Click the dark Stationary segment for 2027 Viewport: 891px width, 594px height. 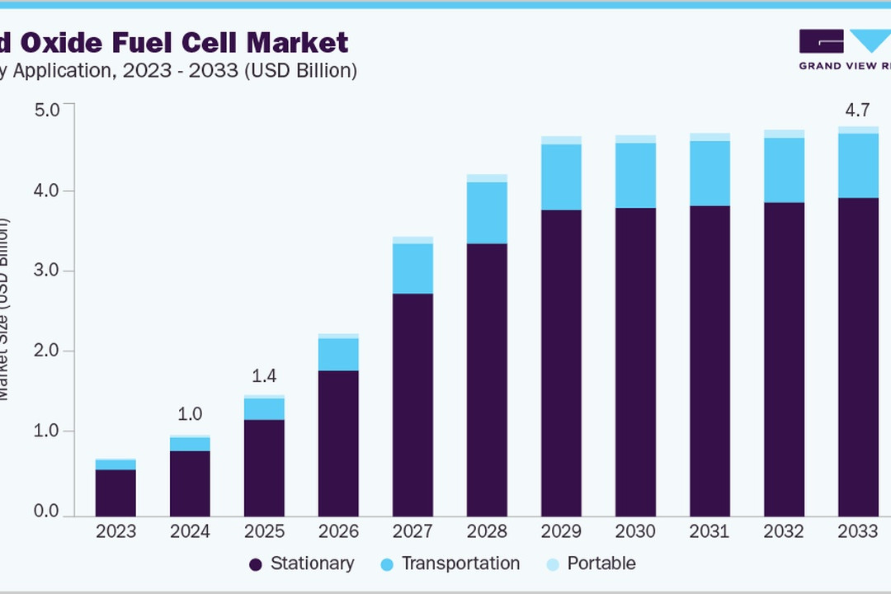coord(412,404)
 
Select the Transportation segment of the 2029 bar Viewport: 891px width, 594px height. coord(561,177)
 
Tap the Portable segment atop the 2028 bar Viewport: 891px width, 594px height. coord(487,178)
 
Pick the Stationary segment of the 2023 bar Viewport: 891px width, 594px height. coord(115,493)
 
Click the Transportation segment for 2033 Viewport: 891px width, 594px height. coord(858,165)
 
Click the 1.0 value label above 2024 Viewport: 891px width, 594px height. coord(190,414)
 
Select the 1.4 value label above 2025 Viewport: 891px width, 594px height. coord(264,376)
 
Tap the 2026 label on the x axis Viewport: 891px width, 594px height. coord(338,531)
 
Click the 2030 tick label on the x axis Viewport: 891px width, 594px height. coord(635,531)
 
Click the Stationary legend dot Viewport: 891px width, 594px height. coord(256,564)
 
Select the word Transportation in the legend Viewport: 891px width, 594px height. coord(460,563)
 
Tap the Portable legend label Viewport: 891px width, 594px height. coord(601,563)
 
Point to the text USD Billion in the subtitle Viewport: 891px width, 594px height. coord(304,71)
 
